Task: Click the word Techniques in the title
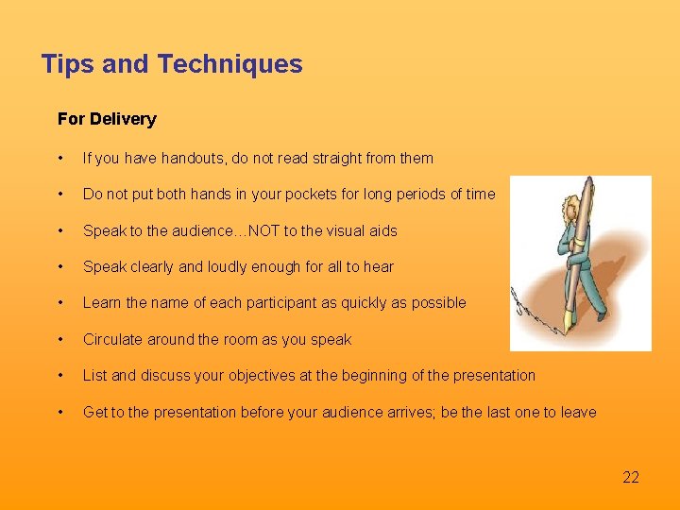(x=229, y=64)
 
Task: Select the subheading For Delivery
(x=107, y=119)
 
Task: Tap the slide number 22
(x=631, y=477)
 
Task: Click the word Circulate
(x=113, y=339)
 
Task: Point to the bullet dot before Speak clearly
(x=60, y=267)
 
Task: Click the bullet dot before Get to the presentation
(x=60, y=412)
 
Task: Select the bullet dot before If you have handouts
(x=60, y=159)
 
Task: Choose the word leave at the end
(x=577, y=412)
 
